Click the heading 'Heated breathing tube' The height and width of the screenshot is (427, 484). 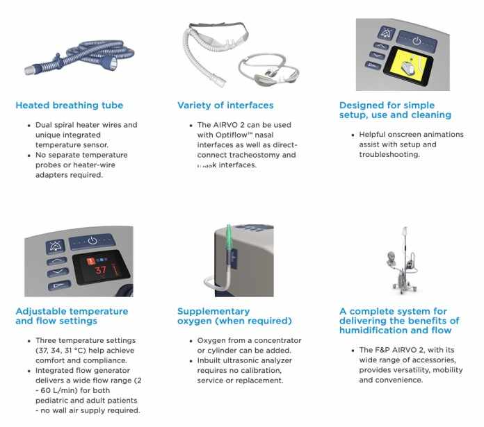coord(69,106)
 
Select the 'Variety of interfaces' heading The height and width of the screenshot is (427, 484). coord(225,106)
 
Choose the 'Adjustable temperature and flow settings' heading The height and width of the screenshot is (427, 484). coord(72,316)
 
